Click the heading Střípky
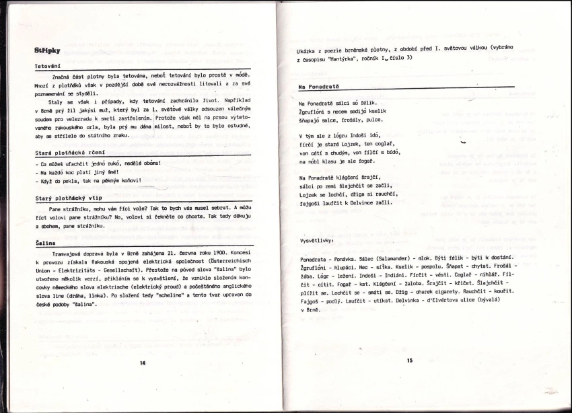point(47,50)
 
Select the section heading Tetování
point(48,67)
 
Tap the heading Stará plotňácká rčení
point(67,153)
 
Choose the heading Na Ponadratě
point(320,87)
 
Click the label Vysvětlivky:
point(319,241)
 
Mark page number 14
point(143,363)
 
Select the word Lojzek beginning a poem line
point(310,193)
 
